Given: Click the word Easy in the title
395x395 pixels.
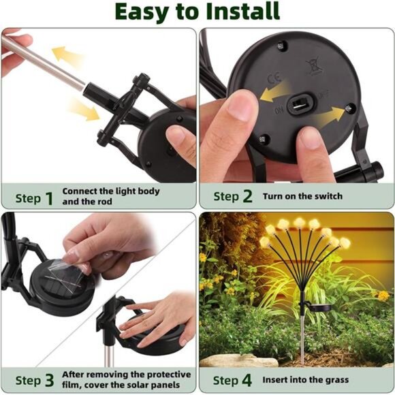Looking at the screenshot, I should (142, 12).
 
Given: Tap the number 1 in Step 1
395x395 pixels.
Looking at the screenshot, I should (48, 198).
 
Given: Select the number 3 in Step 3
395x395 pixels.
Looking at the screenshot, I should (48, 380).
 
